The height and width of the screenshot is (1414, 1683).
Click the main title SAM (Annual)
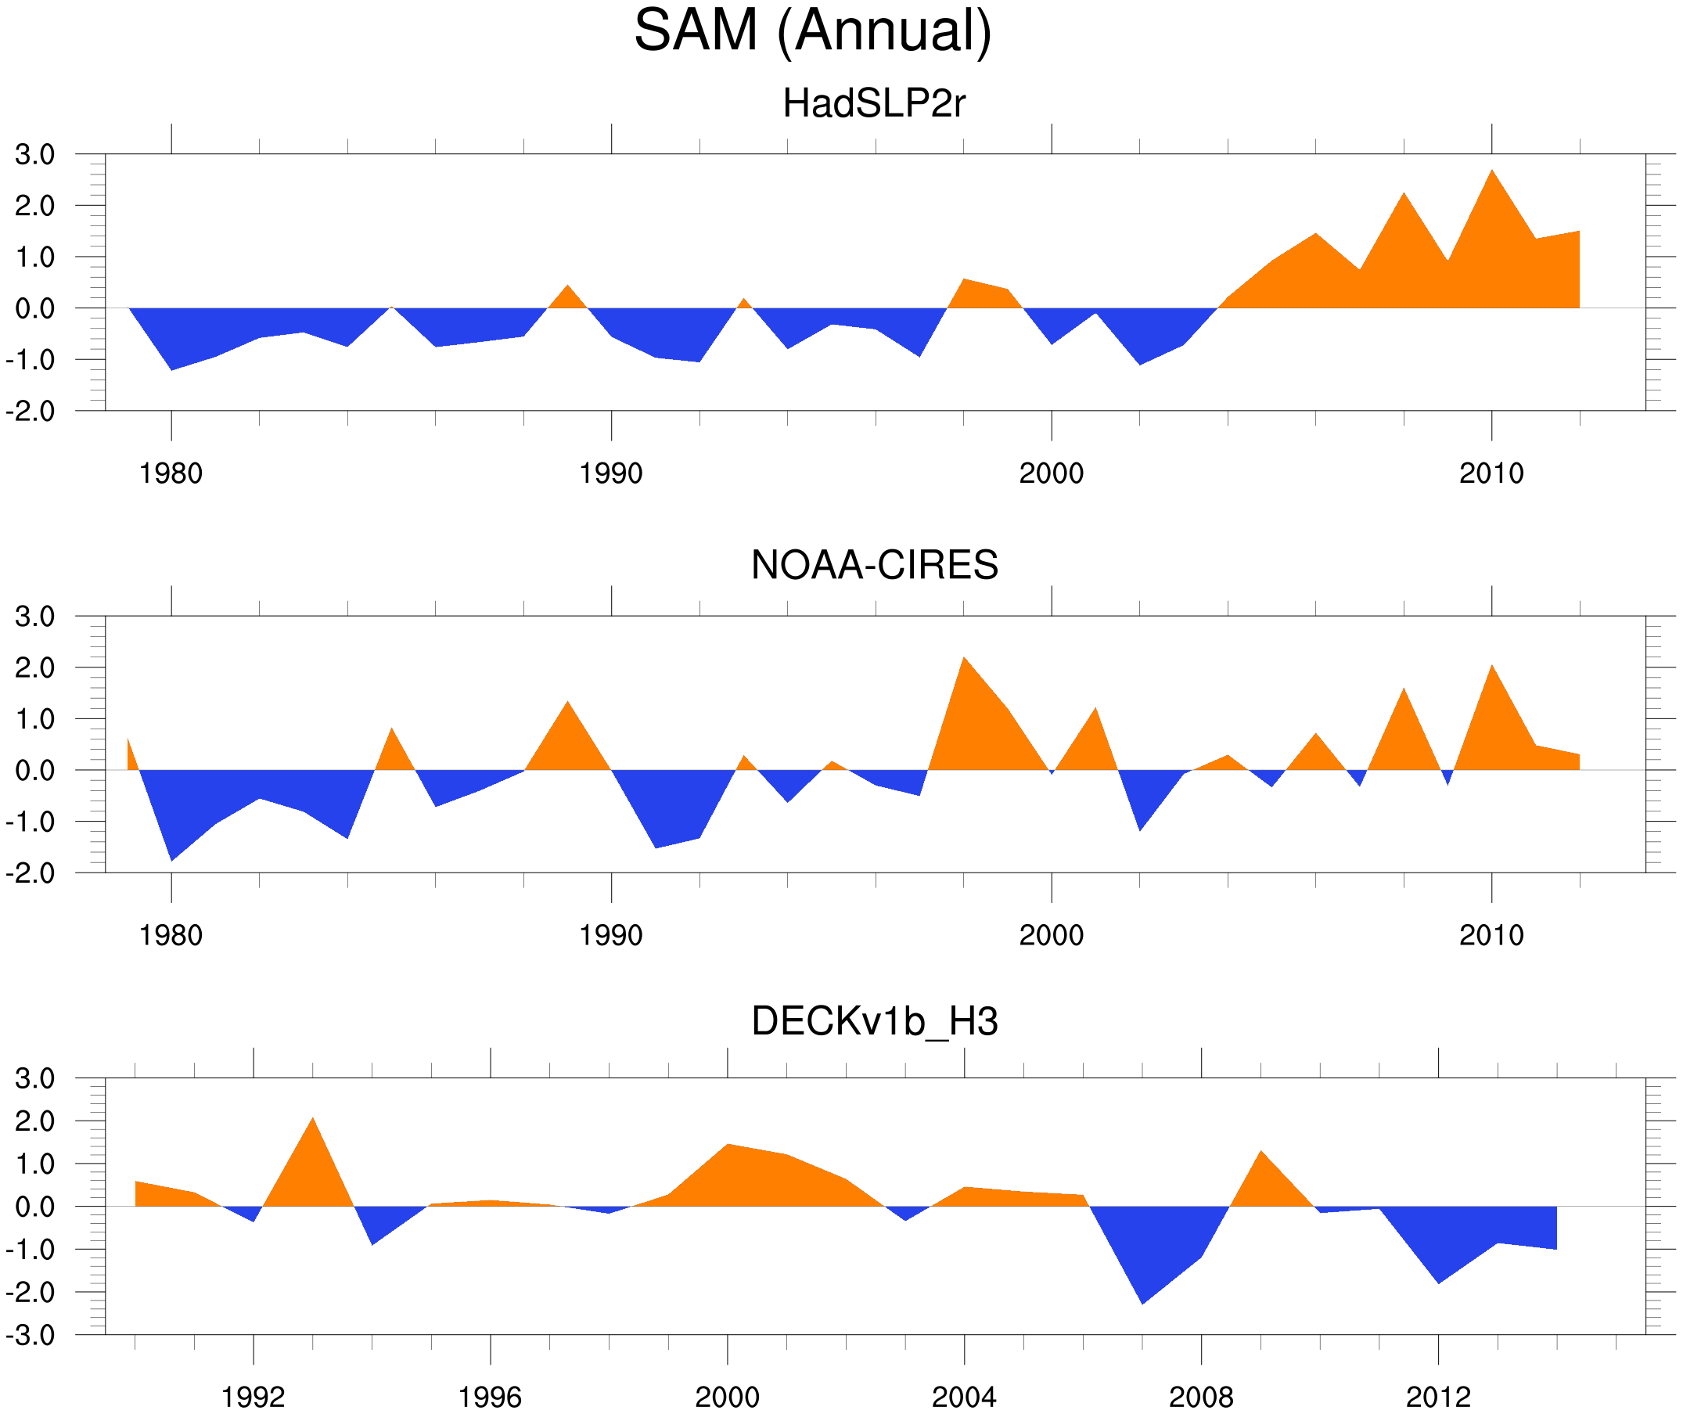812,31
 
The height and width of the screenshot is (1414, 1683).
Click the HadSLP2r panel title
873,103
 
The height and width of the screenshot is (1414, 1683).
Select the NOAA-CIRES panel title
873,565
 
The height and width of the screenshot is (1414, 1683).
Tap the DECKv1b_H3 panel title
873,1021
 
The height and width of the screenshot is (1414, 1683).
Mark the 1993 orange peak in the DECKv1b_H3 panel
312,1121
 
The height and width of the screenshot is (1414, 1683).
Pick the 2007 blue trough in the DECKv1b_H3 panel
1142,1301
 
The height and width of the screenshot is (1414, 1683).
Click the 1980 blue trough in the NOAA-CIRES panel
171,858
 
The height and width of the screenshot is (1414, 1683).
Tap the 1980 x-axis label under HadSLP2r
171,473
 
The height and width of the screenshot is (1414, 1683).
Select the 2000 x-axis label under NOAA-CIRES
1051,935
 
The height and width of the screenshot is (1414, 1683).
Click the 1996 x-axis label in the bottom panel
490,1397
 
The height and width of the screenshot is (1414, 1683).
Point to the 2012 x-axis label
1438,1397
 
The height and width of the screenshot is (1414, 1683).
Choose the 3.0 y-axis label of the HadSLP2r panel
34,155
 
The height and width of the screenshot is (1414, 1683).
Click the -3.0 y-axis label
31,1336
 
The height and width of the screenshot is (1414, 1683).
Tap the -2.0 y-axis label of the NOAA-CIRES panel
31,873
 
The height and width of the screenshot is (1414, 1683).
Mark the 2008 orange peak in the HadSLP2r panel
1404,196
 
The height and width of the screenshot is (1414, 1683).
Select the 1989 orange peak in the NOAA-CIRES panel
567,703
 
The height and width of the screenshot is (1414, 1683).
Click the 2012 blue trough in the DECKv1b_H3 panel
1439,1281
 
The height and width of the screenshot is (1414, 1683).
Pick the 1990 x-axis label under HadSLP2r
611,473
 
